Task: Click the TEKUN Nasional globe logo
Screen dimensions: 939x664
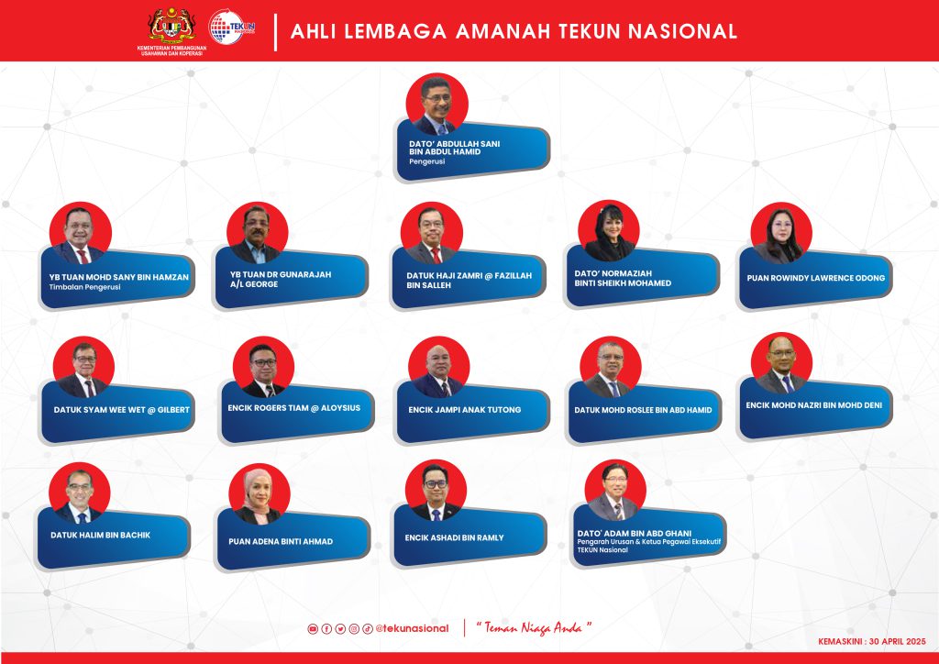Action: (x=232, y=27)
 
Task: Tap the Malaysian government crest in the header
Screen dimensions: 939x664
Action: (x=171, y=26)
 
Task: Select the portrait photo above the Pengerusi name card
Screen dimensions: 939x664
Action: (x=436, y=105)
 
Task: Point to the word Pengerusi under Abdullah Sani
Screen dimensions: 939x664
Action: (x=427, y=161)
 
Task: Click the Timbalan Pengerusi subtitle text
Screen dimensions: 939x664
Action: (x=85, y=287)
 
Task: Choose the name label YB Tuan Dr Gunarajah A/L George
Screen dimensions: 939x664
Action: (x=281, y=279)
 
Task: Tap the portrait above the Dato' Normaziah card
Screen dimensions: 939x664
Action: (x=609, y=231)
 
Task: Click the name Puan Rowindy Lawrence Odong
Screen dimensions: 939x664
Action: (x=815, y=278)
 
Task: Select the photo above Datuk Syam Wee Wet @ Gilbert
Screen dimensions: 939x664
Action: (x=83, y=367)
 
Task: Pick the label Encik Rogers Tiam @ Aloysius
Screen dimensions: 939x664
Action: (x=294, y=408)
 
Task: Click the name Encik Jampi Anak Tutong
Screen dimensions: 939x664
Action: (x=465, y=410)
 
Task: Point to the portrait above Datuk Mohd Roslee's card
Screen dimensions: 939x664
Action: (x=610, y=367)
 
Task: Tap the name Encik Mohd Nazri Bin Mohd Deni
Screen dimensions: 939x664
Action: (x=814, y=405)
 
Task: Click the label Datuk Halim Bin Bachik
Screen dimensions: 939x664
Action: (x=101, y=536)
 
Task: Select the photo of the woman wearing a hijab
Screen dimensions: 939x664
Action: (x=260, y=494)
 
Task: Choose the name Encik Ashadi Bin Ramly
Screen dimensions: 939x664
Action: (x=455, y=537)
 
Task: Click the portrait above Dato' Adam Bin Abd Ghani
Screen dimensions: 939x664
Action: (x=615, y=491)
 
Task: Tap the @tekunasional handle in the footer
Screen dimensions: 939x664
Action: (x=412, y=628)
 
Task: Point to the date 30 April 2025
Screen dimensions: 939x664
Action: (x=897, y=641)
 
